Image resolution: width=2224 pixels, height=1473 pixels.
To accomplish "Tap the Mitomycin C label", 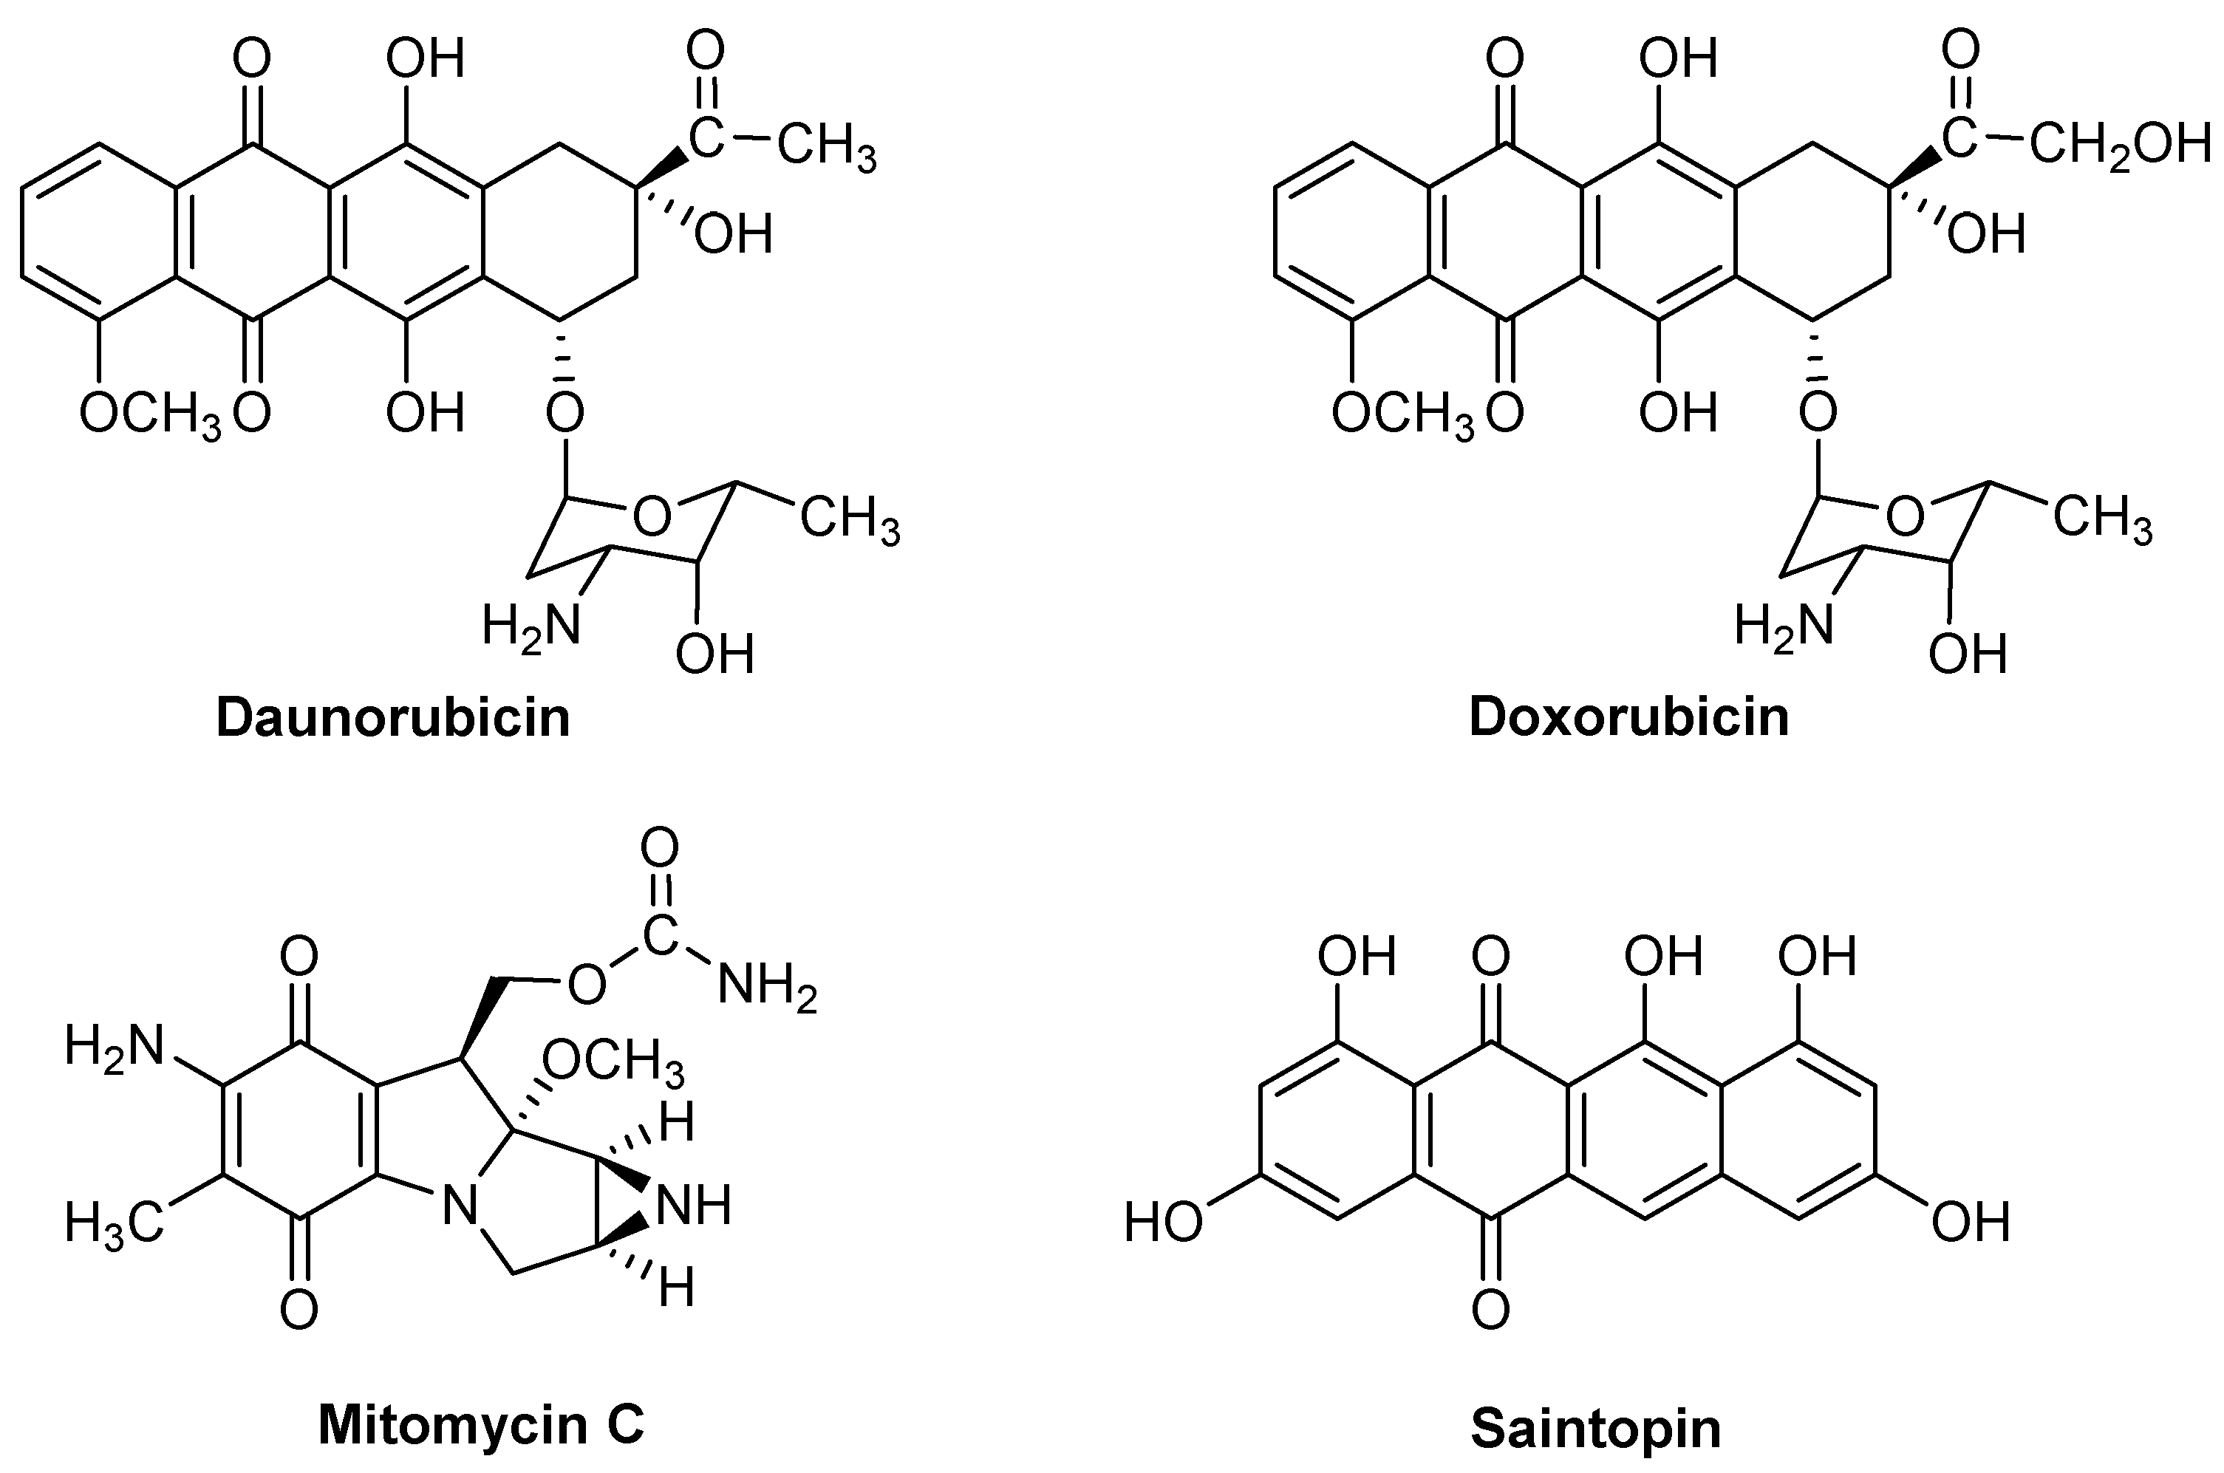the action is pos(481,1424).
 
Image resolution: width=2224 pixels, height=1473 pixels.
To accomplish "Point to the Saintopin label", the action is pos(1595,1428).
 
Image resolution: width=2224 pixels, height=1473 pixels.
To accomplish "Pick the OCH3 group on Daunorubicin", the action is pos(150,414).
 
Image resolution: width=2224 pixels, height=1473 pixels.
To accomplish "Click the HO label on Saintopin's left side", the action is pos(1163,1223).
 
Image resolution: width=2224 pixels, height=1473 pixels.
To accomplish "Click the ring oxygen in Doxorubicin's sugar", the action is pos(1906,516).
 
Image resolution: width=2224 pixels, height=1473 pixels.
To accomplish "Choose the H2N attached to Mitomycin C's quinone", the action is pos(115,1047).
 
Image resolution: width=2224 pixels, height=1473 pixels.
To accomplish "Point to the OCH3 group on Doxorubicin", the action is pos(1403,414).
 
